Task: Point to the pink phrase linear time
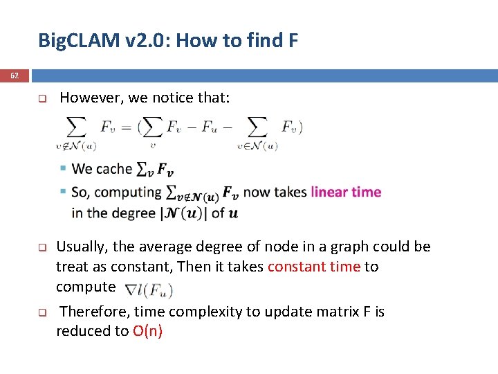[x=346, y=192]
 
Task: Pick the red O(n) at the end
[x=147, y=331]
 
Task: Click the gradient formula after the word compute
[x=148, y=290]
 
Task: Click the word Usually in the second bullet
[x=81, y=247]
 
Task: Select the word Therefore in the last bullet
[x=91, y=312]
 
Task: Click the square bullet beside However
[x=41, y=99]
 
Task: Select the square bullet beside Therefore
[x=41, y=312]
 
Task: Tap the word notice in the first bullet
[x=172, y=98]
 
